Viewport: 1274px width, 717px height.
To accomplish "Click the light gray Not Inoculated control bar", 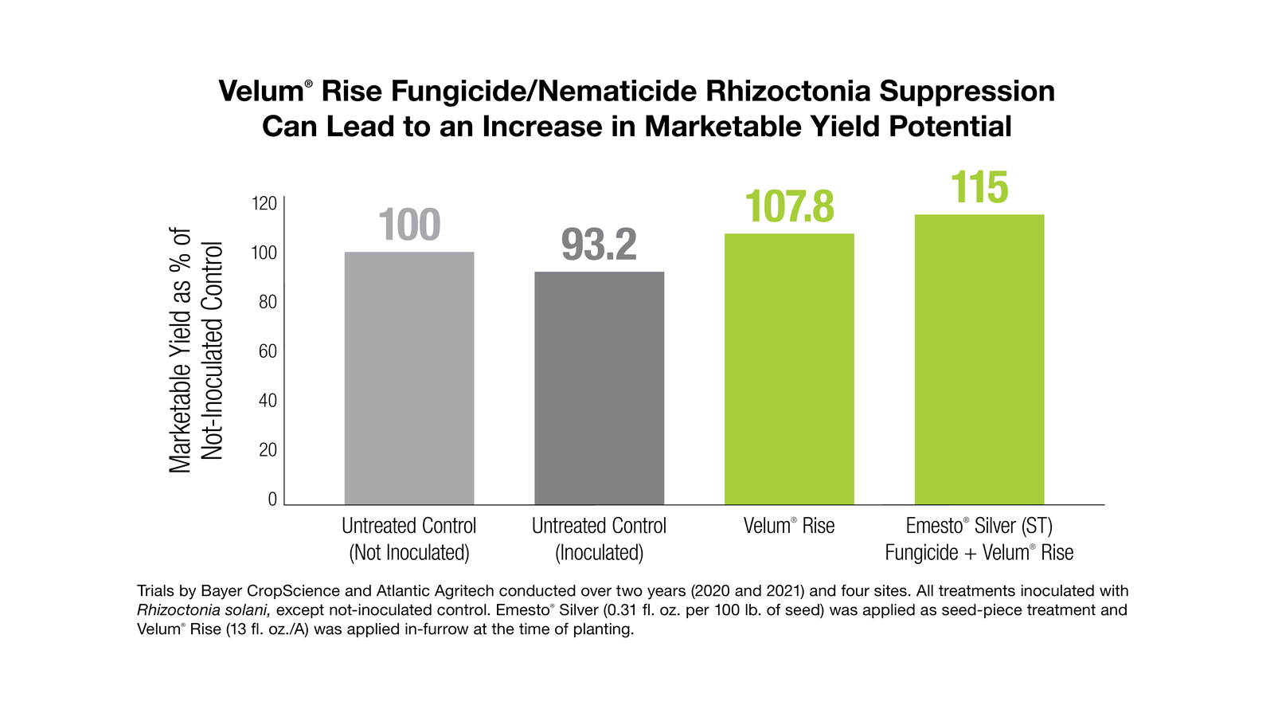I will tap(408, 378).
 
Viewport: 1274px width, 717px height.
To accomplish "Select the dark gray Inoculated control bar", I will tap(599, 388).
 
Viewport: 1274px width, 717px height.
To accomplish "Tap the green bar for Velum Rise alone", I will tap(789, 369).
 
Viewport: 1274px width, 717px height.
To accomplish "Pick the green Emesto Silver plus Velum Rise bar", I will tap(979, 359).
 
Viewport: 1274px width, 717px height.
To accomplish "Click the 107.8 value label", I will tap(789, 206).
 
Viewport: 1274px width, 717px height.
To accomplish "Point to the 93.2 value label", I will tap(599, 245).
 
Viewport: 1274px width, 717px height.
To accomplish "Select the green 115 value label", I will tap(979, 188).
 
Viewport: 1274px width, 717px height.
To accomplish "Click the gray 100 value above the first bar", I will tap(408, 225).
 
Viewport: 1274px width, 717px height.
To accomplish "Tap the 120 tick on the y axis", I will tap(264, 204).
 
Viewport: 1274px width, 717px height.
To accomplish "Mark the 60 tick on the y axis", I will tap(268, 351).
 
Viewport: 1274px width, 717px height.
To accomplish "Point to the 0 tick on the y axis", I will tap(272, 500).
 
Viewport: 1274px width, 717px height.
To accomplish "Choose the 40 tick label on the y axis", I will tap(268, 401).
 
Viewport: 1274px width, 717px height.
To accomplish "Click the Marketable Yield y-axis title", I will tap(195, 351).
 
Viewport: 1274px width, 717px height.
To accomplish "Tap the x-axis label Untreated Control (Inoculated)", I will tap(599, 539).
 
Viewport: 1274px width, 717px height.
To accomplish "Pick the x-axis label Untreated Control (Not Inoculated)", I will tap(408, 539).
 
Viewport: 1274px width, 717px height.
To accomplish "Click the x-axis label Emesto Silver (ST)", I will tap(979, 526).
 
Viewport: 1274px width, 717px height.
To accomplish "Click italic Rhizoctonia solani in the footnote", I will tap(203, 610).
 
